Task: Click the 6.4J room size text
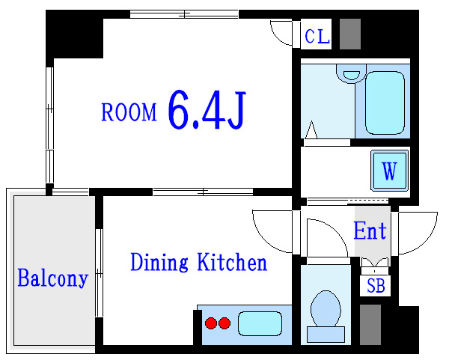(207, 110)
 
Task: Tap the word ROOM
(129, 112)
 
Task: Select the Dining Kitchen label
(199, 262)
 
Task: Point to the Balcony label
(52, 278)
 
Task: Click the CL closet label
(317, 37)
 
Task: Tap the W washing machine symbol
(389, 171)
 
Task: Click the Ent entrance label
(370, 231)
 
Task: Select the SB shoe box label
(376, 285)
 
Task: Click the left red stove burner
(211, 323)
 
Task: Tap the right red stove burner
(224, 323)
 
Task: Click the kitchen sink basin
(260, 323)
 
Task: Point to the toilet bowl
(326, 309)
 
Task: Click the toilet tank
(326, 335)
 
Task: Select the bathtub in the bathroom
(385, 103)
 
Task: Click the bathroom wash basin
(352, 74)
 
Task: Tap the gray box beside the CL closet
(350, 34)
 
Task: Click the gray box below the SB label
(370, 325)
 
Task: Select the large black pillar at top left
(74, 34)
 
